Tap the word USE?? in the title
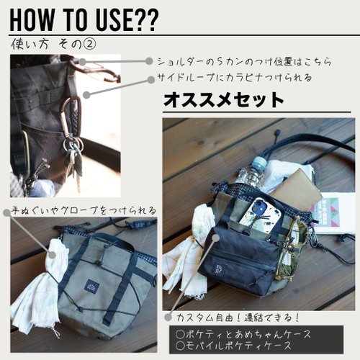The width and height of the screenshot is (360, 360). pos(127,19)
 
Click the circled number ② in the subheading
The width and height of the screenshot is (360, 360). pos(89,44)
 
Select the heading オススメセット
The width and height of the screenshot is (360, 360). pos(224,100)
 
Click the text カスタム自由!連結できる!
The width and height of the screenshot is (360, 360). pos(238,318)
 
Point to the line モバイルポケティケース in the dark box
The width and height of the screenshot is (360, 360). pos(233,346)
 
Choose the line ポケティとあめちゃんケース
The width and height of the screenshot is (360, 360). pos(243,334)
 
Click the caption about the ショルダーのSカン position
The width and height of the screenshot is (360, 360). pos(244,62)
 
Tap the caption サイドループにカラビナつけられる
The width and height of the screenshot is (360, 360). pos(234,78)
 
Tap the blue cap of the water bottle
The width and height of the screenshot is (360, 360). pos(259,162)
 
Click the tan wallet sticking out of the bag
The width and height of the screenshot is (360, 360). pos(296,189)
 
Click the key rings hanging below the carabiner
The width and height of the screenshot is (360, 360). pos(73,145)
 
